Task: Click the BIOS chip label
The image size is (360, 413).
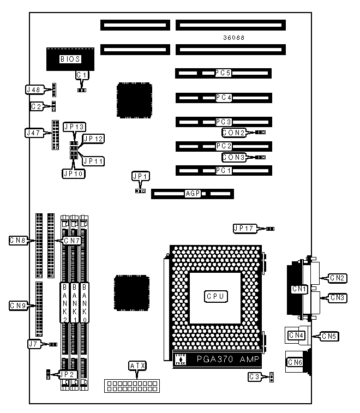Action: coord(71,59)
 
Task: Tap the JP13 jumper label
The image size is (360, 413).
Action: coord(74,127)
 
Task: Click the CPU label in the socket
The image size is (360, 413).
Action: coord(215,296)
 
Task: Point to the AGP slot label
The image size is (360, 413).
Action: coord(193,194)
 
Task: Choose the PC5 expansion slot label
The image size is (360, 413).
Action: coord(224,73)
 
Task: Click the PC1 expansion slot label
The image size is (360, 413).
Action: coord(224,170)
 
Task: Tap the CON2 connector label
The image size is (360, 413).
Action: coord(233,132)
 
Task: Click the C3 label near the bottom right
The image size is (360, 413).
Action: coord(254,376)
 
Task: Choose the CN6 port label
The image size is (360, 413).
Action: coord(295,362)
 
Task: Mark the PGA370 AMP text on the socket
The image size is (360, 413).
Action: coord(224,360)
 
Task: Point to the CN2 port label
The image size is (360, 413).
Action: coord(338,278)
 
